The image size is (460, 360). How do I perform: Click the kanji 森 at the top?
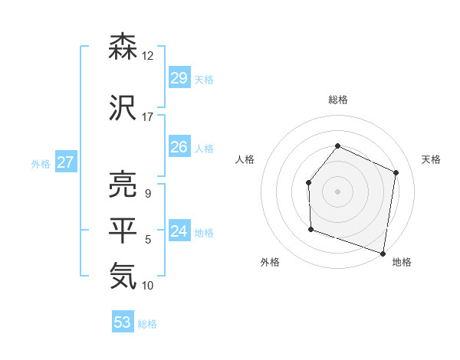[123, 47]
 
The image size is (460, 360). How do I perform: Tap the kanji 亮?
[123, 184]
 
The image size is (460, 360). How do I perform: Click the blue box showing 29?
[179, 78]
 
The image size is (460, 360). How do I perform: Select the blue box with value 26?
[179, 147]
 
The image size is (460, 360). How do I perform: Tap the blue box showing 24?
[179, 231]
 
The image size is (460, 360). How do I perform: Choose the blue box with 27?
[66, 162]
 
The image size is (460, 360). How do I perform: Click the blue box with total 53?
[123, 322]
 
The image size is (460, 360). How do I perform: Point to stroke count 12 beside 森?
[148, 56]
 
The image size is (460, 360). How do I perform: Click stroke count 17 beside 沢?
[148, 116]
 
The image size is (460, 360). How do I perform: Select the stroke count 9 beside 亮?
[147, 193]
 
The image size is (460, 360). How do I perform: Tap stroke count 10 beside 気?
[148, 285]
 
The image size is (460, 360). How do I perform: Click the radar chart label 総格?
[337, 100]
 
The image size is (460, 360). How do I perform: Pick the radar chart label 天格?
[431, 159]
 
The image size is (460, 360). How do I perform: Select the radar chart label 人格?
[245, 159]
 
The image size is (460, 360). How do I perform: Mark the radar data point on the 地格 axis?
[383, 253]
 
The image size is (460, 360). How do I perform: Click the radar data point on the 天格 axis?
[396, 172]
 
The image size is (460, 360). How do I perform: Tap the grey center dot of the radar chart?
[337, 191]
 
